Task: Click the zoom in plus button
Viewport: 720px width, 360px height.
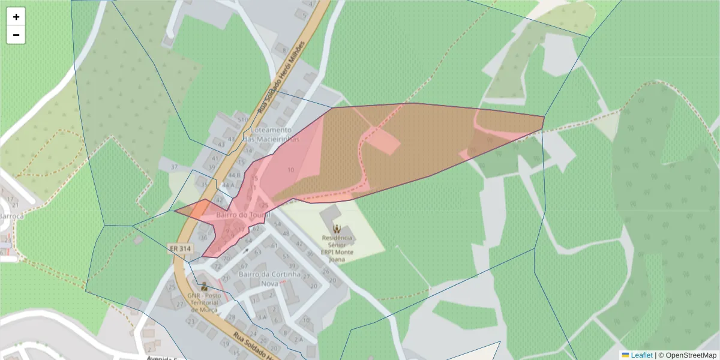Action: click(16, 17)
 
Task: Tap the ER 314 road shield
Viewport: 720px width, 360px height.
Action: click(179, 248)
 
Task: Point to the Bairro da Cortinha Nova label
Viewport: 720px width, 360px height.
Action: click(269, 278)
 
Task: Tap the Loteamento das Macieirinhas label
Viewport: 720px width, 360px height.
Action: click(271, 134)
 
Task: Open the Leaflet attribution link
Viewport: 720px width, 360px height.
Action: click(641, 355)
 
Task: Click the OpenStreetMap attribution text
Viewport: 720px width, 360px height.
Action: click(691, 355)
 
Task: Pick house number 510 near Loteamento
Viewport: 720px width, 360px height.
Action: click(242, 120)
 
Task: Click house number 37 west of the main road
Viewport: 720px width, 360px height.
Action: click(175, 166)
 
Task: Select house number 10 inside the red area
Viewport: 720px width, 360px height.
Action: click(290, 170)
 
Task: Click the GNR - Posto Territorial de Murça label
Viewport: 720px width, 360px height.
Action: click(205, 304)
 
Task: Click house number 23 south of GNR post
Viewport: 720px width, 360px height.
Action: click(191, 322)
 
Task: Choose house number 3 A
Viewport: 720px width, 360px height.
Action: click(262, 317)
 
